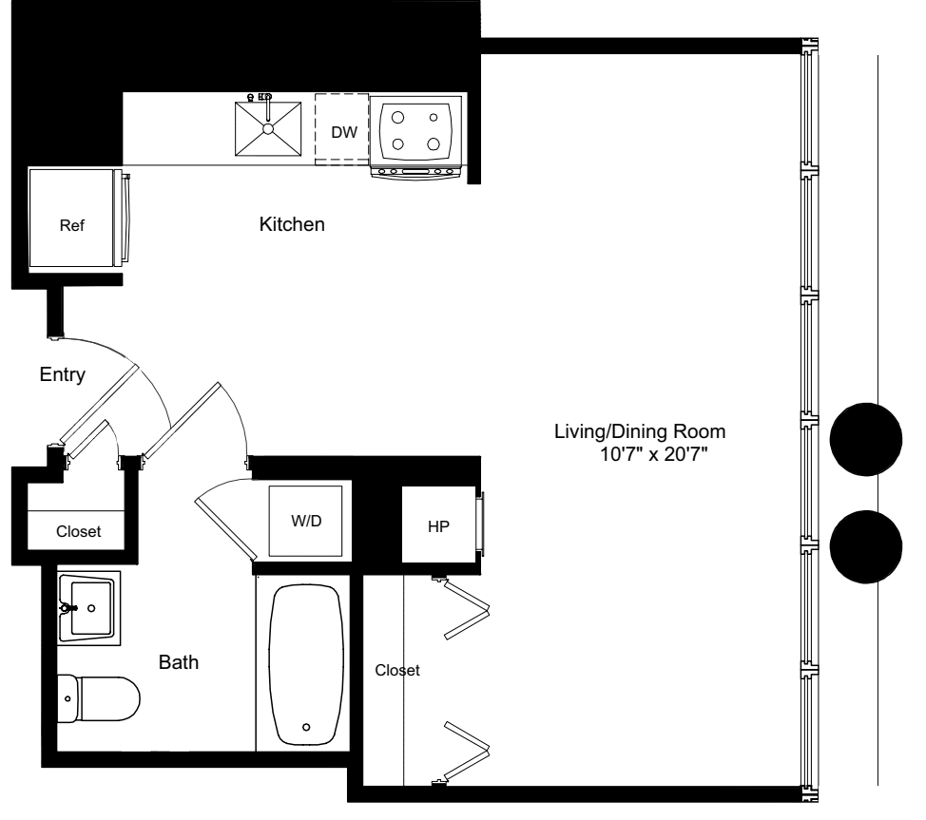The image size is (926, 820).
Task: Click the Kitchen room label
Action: click(x=292, y=224)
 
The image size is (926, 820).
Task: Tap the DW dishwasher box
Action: click(x=342, y=129)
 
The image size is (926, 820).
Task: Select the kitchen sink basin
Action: click(x=268, y=128)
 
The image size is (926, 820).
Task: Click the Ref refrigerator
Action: click(x=72, y=218)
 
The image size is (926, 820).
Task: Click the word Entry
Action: click(x=62, y=374)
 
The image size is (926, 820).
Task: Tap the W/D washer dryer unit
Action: click(x=305, y=521)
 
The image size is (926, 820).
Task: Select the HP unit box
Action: click(x=439, y=524)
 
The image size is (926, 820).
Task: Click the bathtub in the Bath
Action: click(x=306, y=665)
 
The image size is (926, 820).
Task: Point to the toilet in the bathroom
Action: click(x=99, y=699)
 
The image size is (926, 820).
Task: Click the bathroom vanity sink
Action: click(x=89, y=608)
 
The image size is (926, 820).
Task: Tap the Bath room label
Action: click(x=179, y=662)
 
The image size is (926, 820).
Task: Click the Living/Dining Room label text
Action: click(x=640, y=431)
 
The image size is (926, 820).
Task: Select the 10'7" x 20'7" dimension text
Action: click(x=654, y=454)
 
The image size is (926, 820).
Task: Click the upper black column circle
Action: click(x=866, y=439)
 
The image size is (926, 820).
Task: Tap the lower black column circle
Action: click(x=866, y=546)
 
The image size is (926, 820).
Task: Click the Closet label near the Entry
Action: click(x=79, y=531)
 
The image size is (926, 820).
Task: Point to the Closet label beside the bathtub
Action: click(x=397, y=670)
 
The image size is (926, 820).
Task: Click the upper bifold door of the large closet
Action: click(x=467, y=609)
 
